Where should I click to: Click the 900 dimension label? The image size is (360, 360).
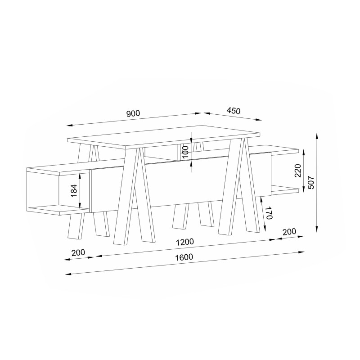(x=133, y=113)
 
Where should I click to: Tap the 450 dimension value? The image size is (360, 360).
(x=234, y=111)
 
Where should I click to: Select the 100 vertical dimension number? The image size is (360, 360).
(x=185, y=152)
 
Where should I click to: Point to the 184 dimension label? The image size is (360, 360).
(x=74, y=190)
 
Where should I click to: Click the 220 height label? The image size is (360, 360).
(x=298, y=171)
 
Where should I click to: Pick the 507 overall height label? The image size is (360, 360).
(x=311, y=183)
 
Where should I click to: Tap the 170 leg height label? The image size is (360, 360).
(x=269, y=213)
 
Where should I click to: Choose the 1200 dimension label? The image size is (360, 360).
(x=185, y=242)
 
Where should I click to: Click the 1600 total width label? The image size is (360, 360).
(x=184, y=257)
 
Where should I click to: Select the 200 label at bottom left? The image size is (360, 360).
(x=78, y=253)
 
